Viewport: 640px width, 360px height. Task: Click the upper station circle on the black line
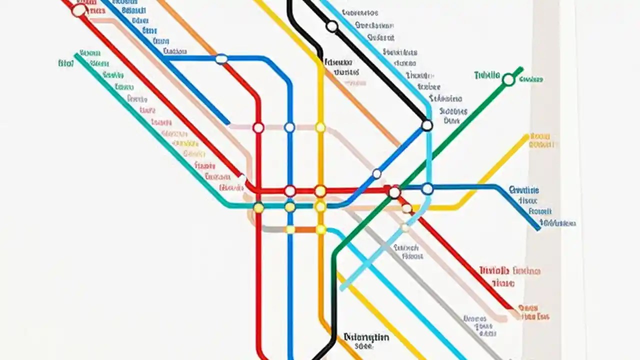[x=332, y=26]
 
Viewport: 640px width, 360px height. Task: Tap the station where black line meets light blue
[x=427, y=125]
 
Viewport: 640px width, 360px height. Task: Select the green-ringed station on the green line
[x=508, y=79]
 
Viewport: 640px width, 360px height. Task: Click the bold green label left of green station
[x=486, y=75]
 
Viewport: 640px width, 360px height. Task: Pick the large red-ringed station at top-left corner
[x=79, y=10]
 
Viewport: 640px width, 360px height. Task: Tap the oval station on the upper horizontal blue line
[x=221, y=59]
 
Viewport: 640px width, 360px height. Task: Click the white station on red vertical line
[x=258, y=127]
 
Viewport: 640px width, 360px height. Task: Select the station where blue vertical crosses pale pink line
[x=289, y=127]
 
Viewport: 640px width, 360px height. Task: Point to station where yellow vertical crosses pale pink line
[x=320, y=127]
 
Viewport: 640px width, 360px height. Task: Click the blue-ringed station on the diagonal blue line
[x=376, y=174]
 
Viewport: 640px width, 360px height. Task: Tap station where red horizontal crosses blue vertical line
[x=290, y=191]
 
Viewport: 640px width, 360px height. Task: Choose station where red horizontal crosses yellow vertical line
[x=320, y=191]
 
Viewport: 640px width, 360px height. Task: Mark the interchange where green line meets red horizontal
[x=394, y=192]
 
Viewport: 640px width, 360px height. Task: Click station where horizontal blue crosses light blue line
[x=427, y=189]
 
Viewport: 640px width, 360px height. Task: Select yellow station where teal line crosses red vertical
[x=258, y=207]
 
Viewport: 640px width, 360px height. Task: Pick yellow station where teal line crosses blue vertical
[x=290, y=207]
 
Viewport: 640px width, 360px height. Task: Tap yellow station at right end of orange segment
[x=321, y=229]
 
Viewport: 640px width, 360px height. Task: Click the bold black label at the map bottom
[x=366, y=337]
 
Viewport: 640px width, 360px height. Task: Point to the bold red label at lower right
[x=494, y=270]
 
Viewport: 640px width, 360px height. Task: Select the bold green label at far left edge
[x=65, y=63]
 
